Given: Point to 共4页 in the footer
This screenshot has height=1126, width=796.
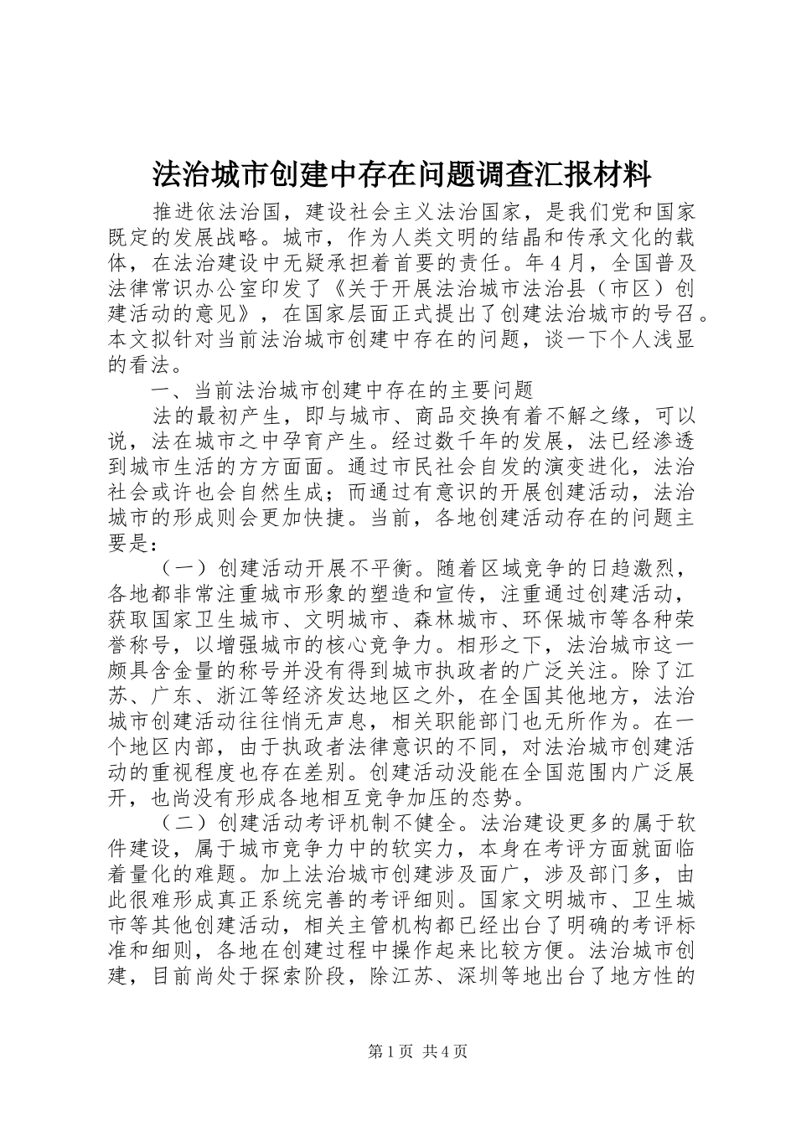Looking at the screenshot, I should (x=445, y=1052).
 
